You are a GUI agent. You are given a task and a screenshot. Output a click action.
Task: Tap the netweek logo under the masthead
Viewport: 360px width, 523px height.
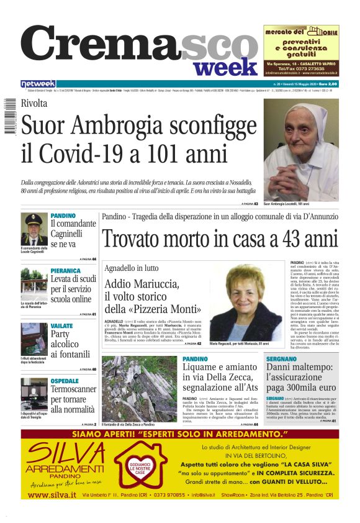[x=38, y=84]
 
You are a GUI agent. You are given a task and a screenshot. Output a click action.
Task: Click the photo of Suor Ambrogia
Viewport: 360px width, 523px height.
[x=300, y=148]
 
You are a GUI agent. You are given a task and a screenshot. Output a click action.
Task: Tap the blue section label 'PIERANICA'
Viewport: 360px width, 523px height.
[x=66, y=271]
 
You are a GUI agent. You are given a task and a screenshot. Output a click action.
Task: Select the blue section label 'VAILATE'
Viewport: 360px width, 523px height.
[x=62, y=325]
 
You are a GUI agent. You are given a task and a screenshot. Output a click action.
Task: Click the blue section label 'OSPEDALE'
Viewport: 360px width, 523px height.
[x=65, y=380]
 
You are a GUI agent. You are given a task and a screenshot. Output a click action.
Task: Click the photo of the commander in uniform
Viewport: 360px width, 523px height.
[x=34, y=229]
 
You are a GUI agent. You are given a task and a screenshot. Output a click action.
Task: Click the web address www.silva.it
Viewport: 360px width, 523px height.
[x=52, y=494]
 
